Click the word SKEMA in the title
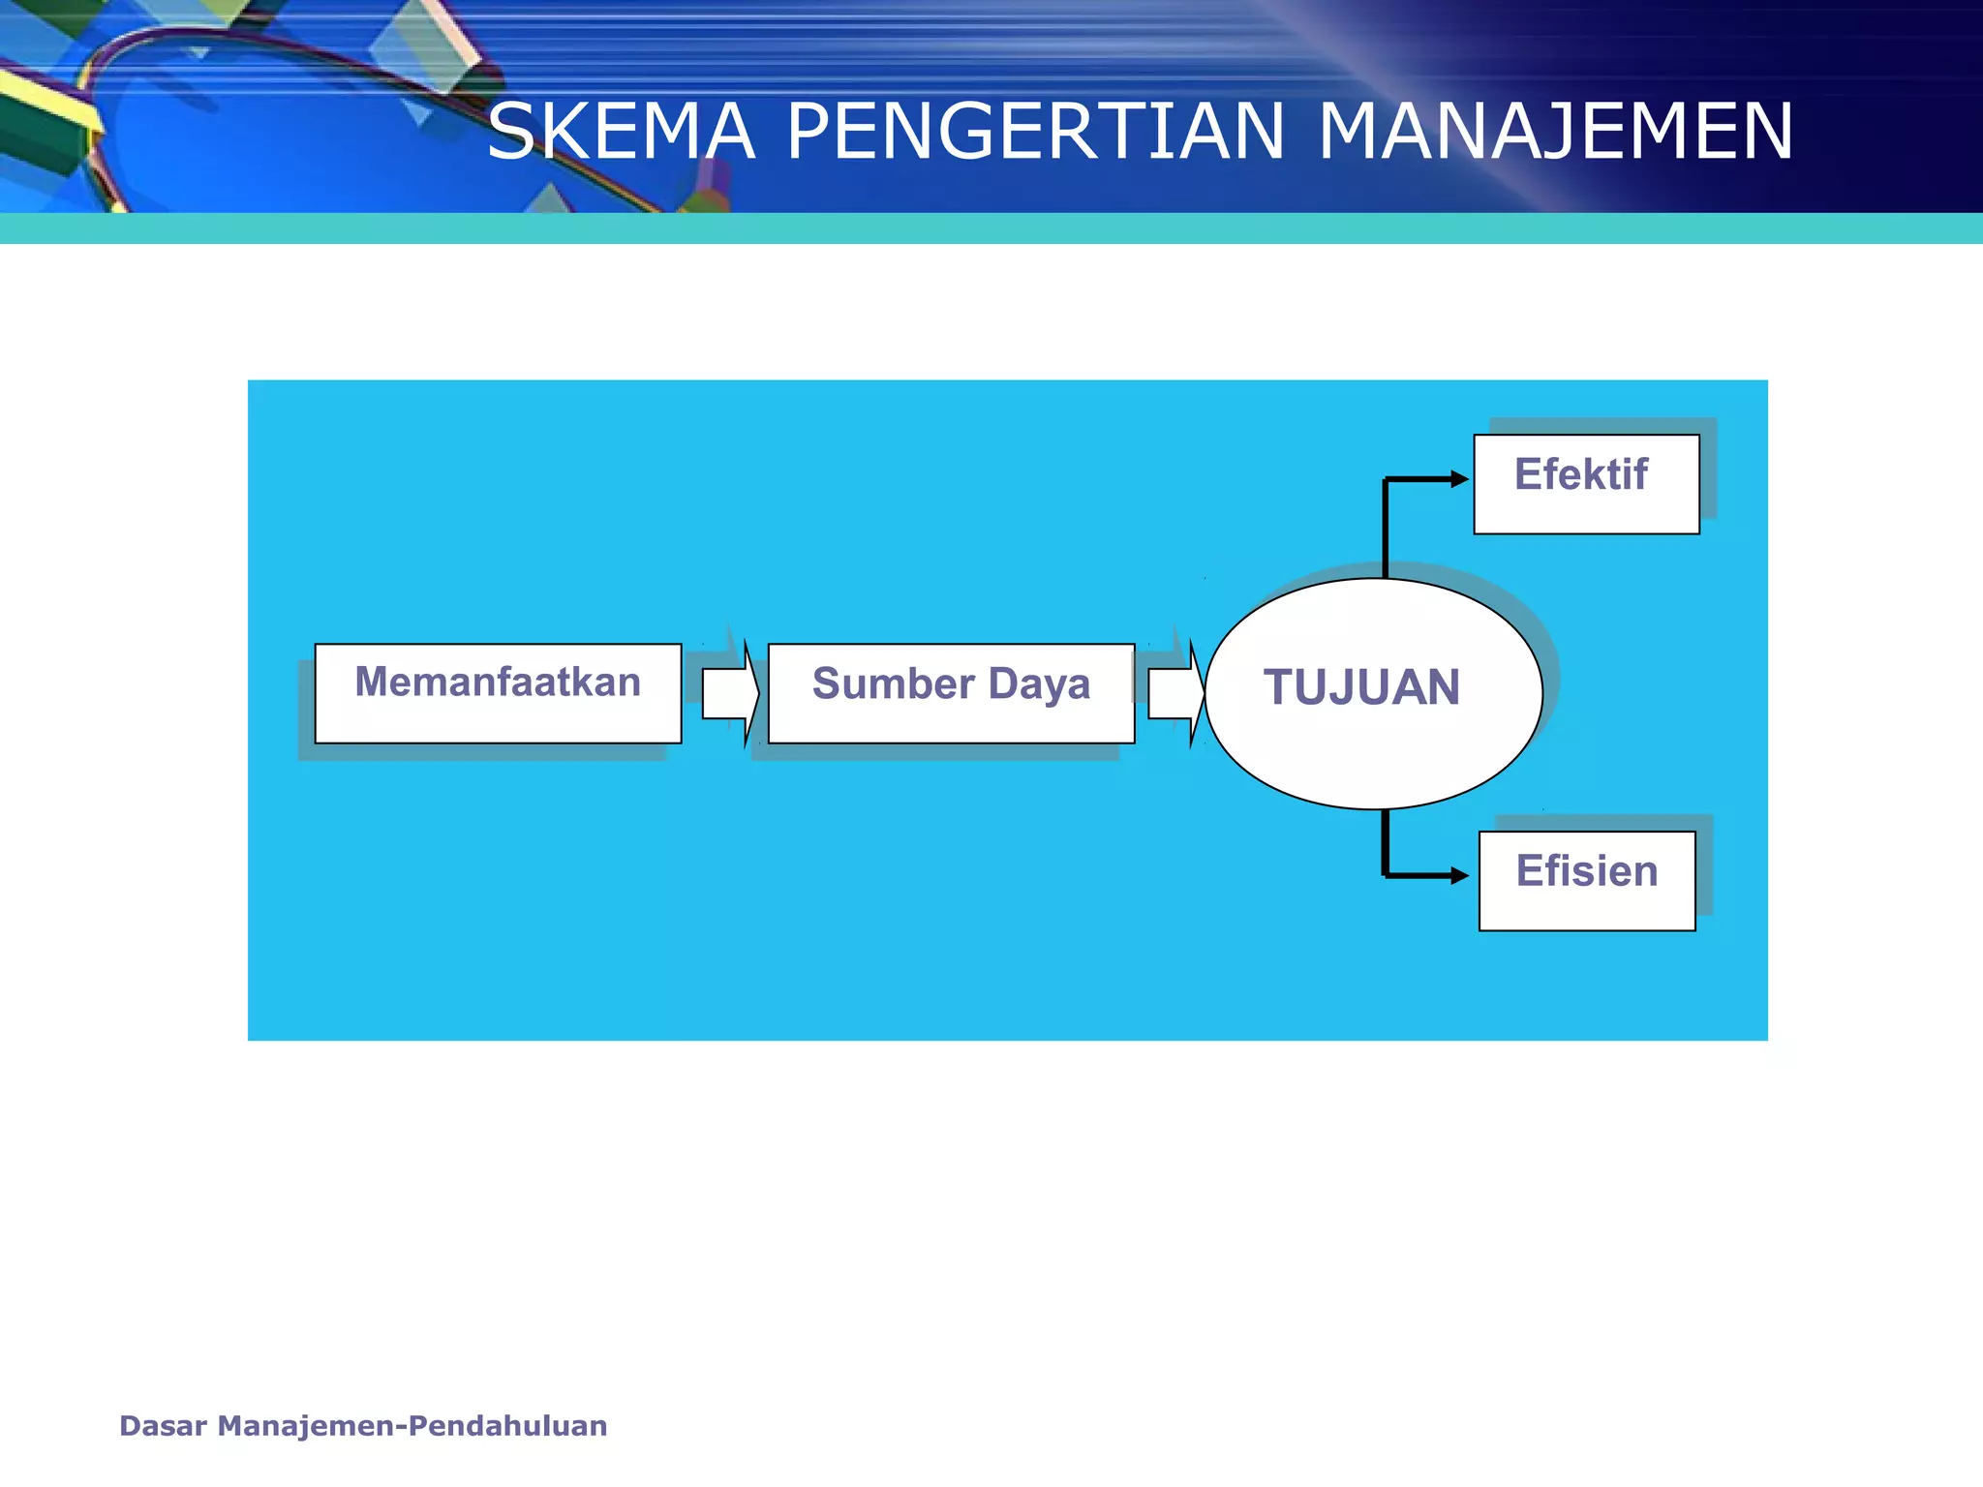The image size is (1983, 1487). (620, 133)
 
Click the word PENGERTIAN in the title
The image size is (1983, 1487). (1035, 133)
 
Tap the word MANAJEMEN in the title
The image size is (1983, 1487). (1555, 133)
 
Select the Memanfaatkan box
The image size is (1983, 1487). (498, 693)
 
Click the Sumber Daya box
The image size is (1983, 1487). (951, 693)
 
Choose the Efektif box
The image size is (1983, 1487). (1586, 484)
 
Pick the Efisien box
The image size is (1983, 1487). (1587, 880)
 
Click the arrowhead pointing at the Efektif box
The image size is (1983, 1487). (1459, 479)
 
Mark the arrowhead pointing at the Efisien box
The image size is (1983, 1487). (1459, 876)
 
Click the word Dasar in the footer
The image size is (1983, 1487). (163, 1426)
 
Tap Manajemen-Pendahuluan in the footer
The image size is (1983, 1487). (412, 1426)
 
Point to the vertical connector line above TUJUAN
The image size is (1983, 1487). (1386, 528)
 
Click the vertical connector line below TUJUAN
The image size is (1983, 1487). (1386, 842)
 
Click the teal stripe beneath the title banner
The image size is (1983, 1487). (991, 228)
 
